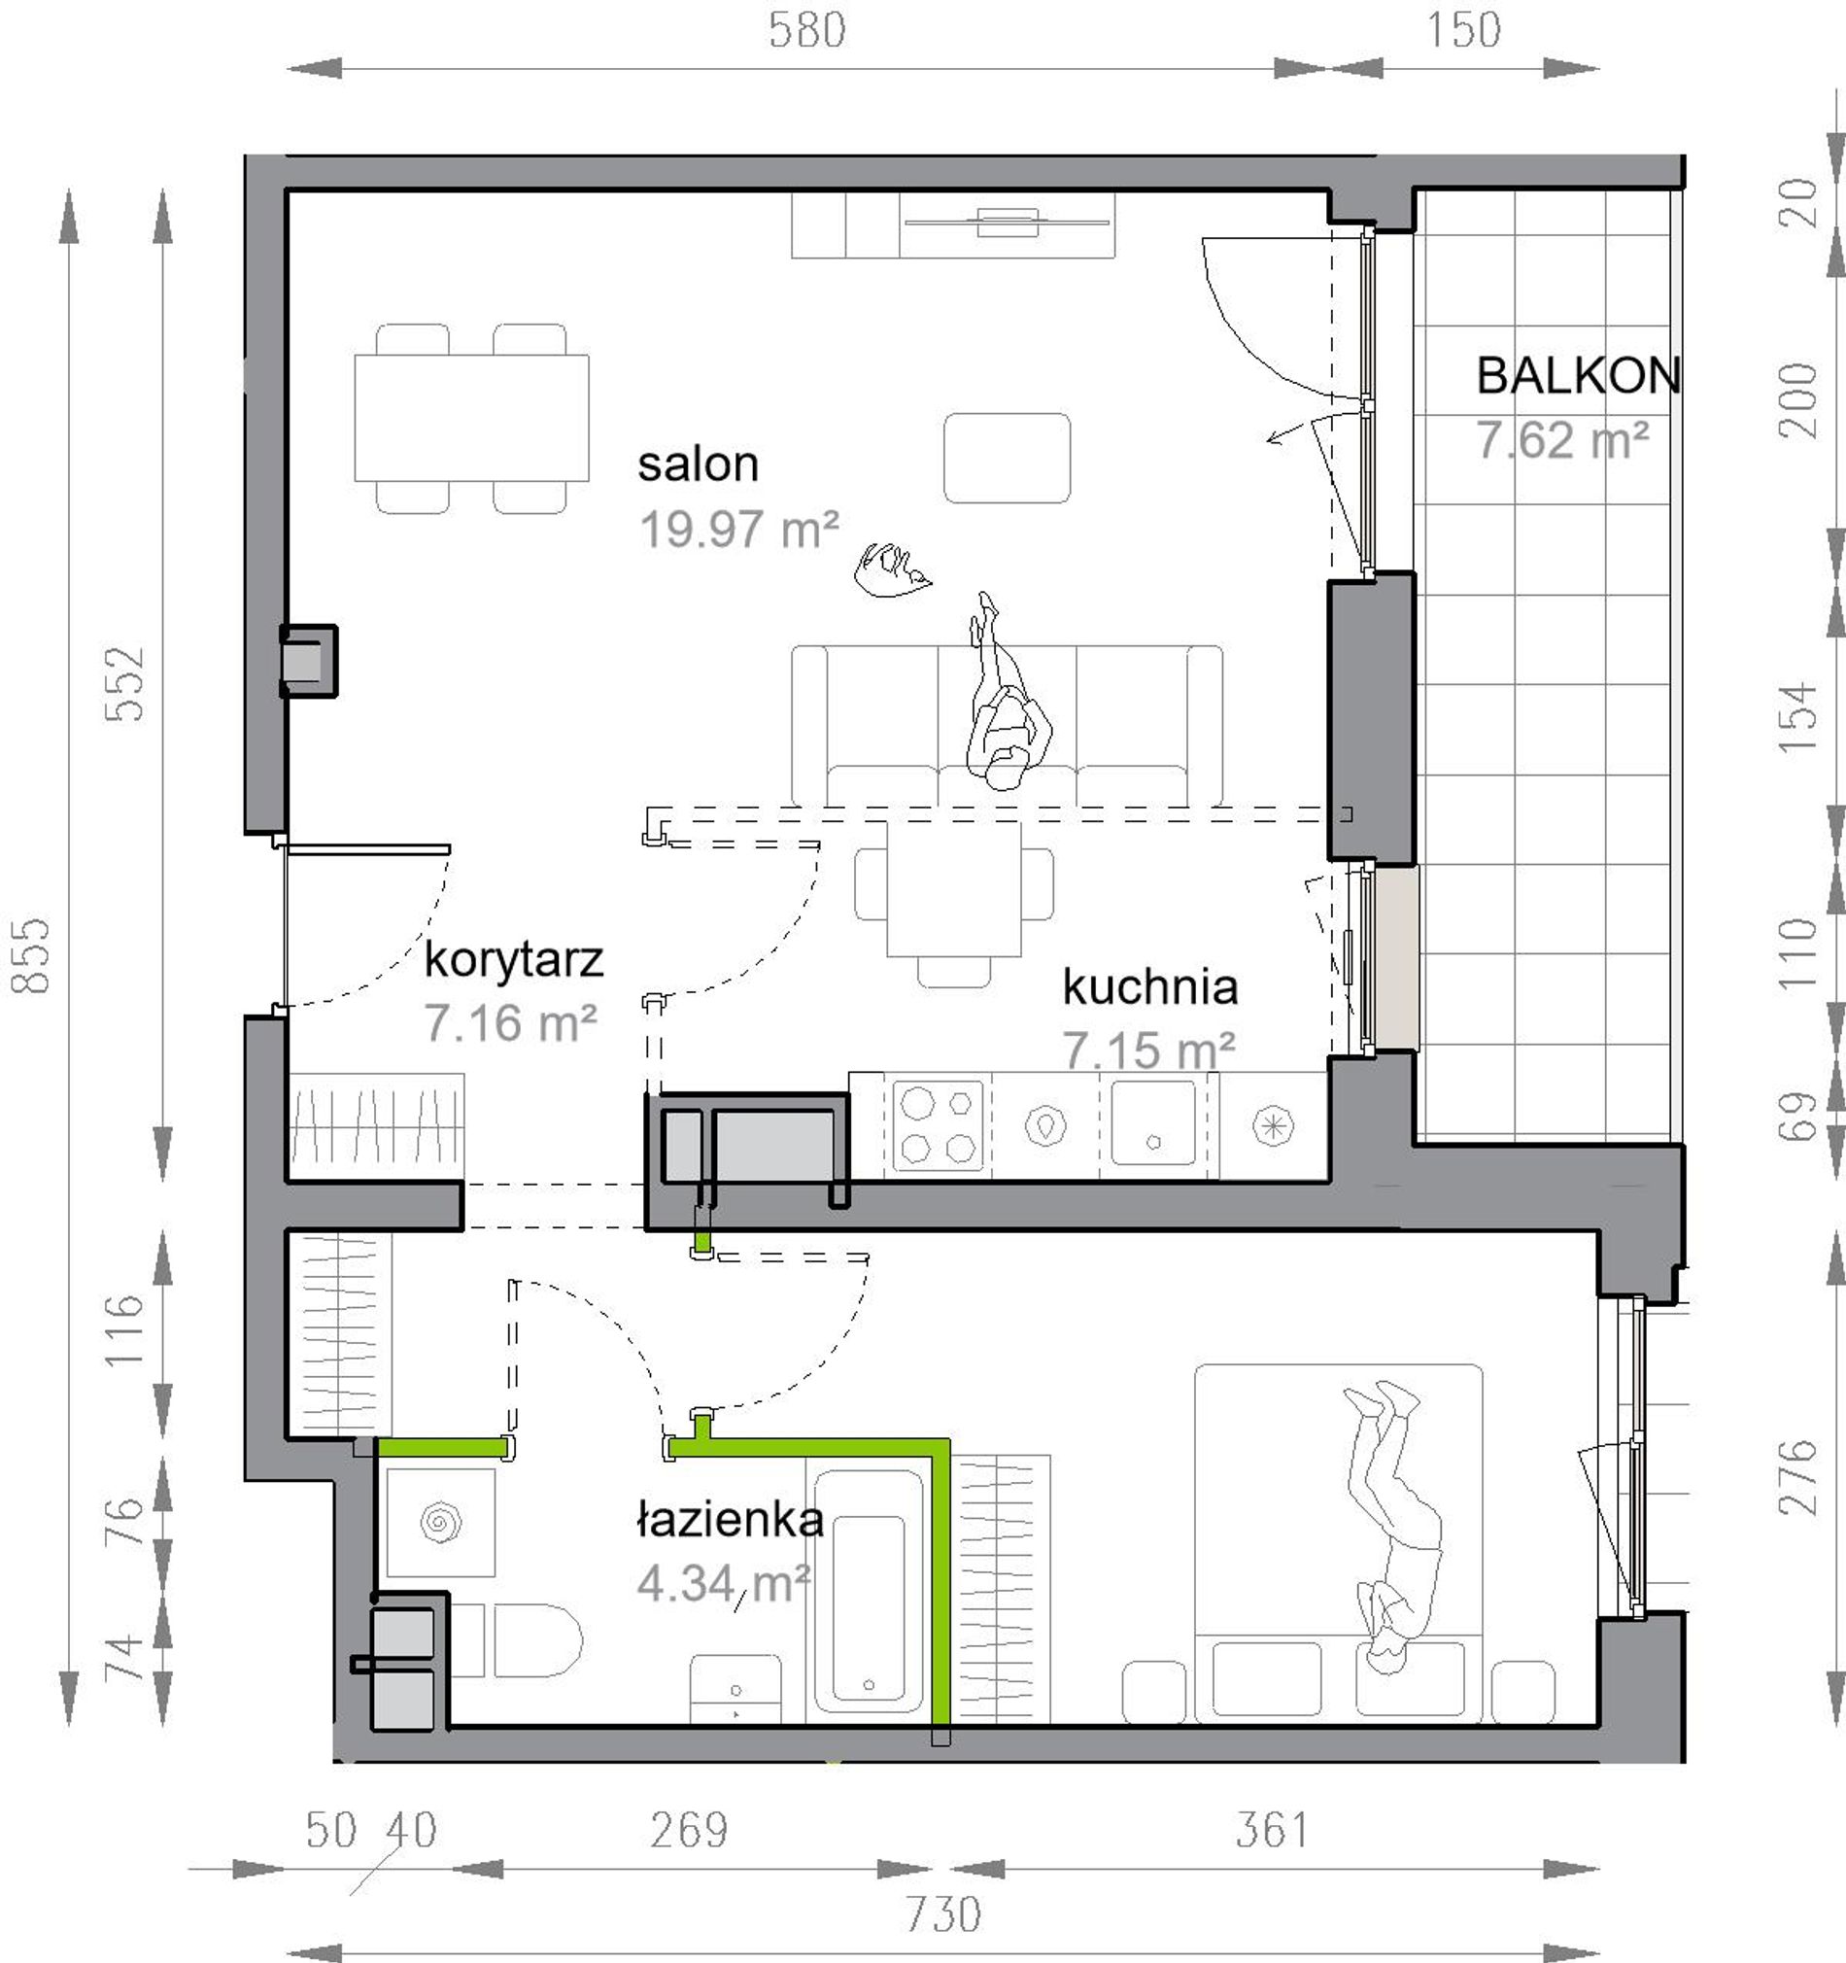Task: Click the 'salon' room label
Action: pos(698,465)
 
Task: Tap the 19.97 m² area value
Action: pos(739,530)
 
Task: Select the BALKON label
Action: pos(1579,375)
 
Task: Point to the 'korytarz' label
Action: pos(513,960)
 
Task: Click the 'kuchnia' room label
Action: pos(1150,986)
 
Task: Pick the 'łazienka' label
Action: pos(731,1519)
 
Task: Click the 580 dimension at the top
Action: pos(807,29)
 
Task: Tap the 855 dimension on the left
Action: pos(29,956)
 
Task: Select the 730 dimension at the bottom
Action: pos(942,1914)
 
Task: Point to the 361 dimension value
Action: pos(1273,1830)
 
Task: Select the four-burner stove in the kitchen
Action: pos(938,1126)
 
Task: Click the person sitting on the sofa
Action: pos(1007,691)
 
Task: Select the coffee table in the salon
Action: pos(1007,458)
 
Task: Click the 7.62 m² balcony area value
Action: pos(1562,440)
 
